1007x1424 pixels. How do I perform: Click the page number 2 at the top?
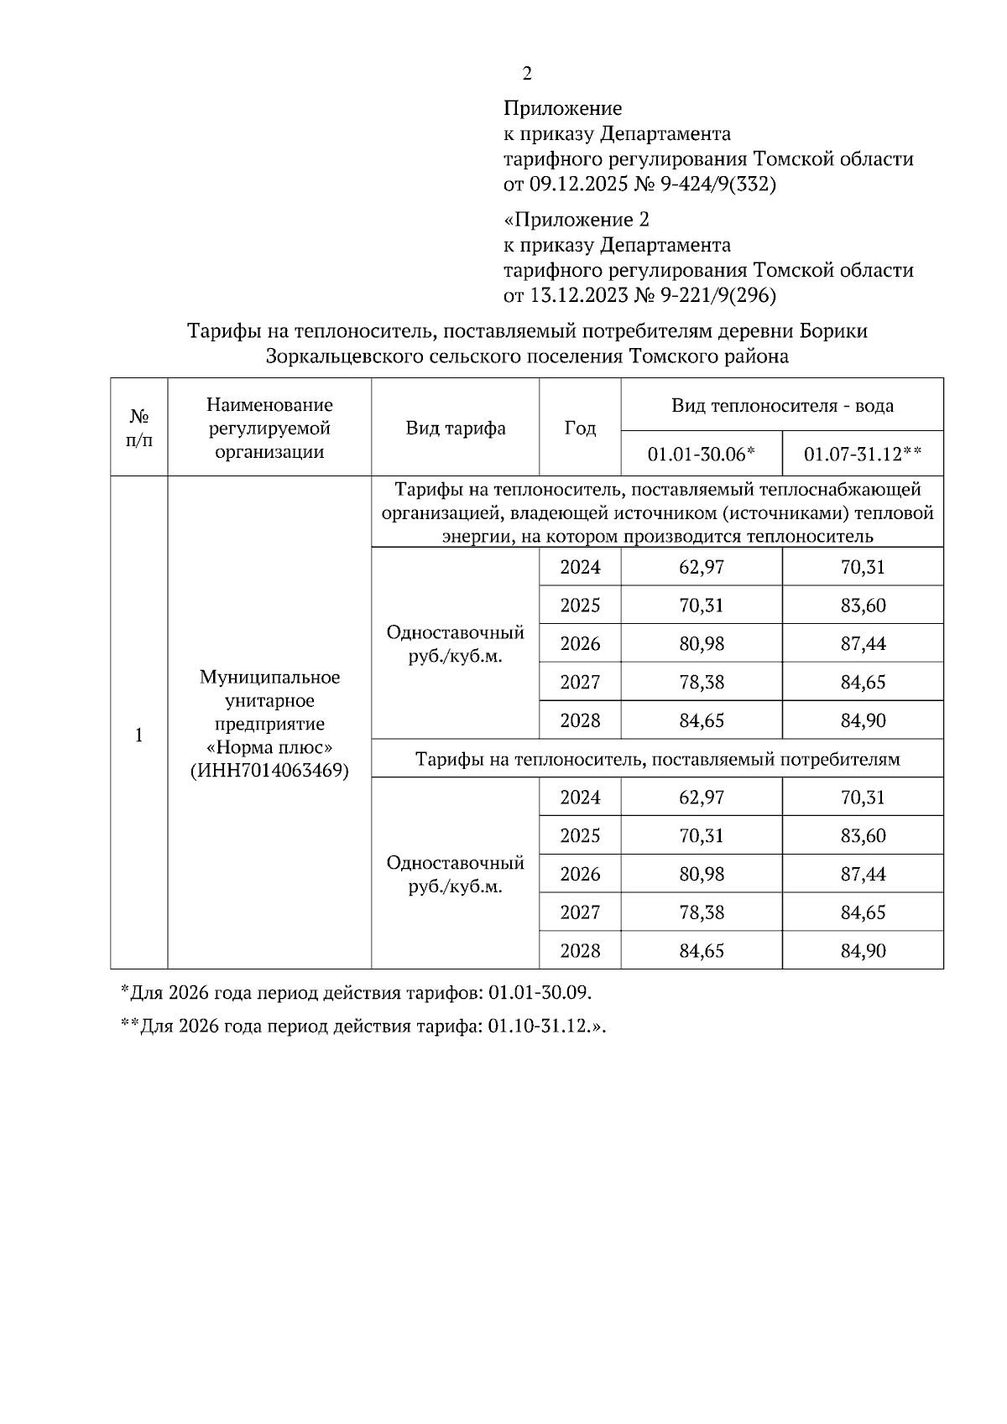click(526, 74)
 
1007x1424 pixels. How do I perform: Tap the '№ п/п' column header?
click(139, 428)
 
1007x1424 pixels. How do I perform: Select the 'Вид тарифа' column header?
click(456, 429)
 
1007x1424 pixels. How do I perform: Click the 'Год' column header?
click(580, 429)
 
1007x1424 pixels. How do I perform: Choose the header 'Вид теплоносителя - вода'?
click(782, 406)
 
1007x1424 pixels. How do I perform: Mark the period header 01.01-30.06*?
click(702, 455)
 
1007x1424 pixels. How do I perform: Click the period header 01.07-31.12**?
click(863, 455)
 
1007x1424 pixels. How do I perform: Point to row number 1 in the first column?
click(139, 735)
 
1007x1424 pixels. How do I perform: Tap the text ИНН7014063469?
click(269, 771)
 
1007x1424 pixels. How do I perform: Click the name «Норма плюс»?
click(269, 747)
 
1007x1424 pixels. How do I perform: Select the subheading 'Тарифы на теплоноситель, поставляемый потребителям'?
click(657, 759)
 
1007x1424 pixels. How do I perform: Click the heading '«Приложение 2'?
click(577, 220)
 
